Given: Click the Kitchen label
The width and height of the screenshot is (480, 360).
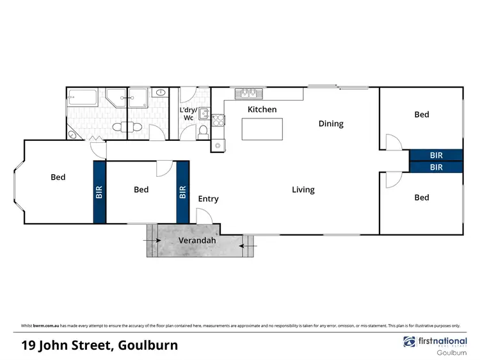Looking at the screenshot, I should (262, 110).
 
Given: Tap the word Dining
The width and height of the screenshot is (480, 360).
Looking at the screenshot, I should (331, 124).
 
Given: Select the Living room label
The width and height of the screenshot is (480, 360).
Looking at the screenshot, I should (303, 190).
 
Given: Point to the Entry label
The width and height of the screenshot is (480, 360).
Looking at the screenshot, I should (208, 199).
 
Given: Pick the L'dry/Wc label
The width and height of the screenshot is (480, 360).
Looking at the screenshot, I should (188, 113).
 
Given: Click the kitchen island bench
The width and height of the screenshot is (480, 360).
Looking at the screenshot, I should (263, 129).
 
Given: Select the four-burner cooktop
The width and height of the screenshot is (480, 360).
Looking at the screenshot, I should (218, 119).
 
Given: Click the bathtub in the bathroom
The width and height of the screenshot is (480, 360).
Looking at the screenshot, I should (82, 99).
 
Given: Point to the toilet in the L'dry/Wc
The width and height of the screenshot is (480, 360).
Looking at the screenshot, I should (203, 131).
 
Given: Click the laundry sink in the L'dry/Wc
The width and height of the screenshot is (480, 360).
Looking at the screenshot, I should (204, 114).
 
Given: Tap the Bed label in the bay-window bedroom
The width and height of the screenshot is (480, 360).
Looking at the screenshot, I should (58, 177).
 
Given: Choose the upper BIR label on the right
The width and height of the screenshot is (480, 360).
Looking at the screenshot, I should (436, 155).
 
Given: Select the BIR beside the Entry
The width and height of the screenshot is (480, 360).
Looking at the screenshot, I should (183, 192).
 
